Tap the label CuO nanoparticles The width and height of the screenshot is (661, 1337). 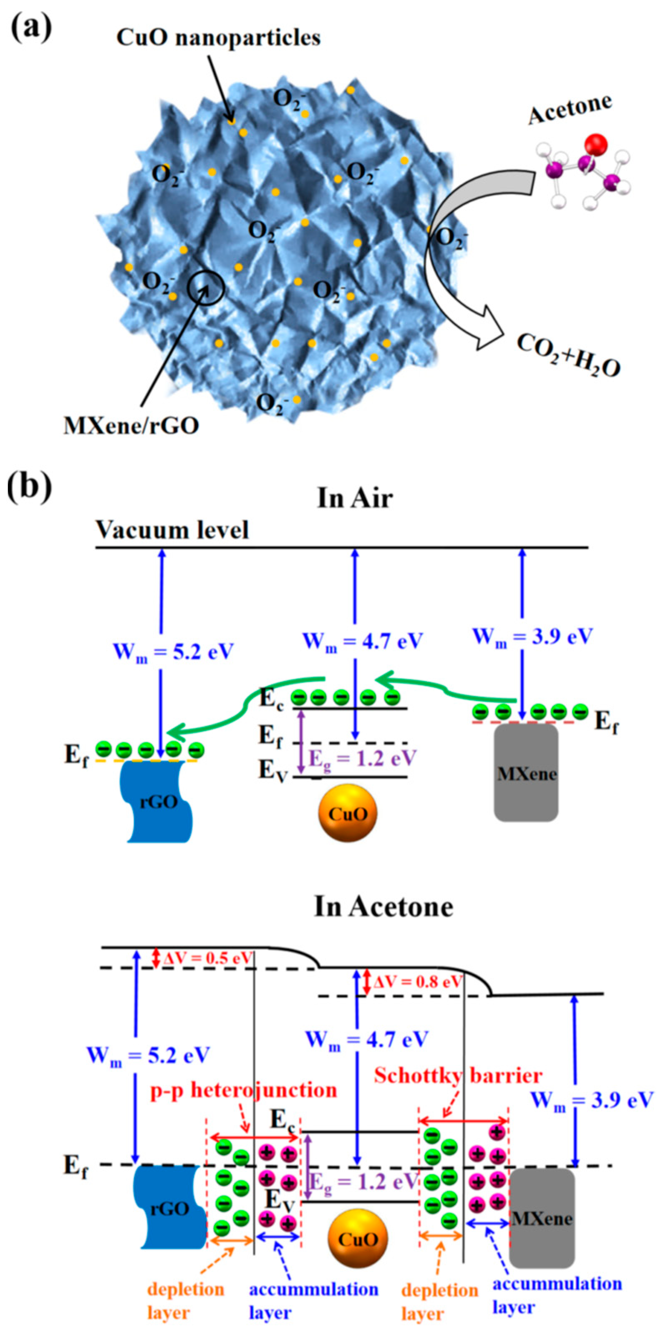pyautogui.click(x=218, y=38)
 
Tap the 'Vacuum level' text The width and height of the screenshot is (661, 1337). pyautogui.click(x=172, y=530)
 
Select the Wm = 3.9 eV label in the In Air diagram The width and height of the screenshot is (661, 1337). pyautogui.click(x=532, y=636)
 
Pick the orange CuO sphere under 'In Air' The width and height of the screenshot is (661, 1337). pyautogui.click(x=347, y=813)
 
